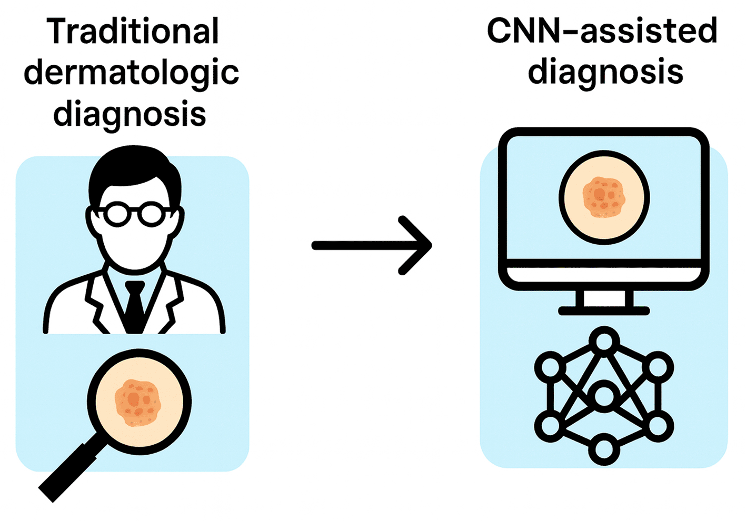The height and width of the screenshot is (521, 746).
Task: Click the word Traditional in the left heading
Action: tap(132, 32)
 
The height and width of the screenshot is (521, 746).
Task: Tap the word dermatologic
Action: tap(131, 73)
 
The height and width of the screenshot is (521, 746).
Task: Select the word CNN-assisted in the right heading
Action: tap(602, 31)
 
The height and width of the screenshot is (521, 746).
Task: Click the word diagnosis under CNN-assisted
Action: tap(605, 72)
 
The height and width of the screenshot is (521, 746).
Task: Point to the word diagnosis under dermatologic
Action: tap(130, 114)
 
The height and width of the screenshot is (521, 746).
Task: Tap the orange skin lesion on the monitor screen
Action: tap(604, 197)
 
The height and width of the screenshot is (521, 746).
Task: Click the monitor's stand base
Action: tap(604, 311)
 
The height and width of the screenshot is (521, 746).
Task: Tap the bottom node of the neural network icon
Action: tap(604, 450)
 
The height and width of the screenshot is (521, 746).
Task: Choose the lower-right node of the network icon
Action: tap(658, 425)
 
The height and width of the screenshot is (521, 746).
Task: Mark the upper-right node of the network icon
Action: tap(658, 367)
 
